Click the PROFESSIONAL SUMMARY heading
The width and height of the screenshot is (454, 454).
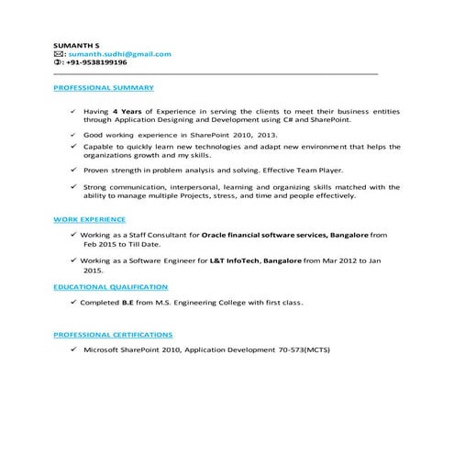(104, 88)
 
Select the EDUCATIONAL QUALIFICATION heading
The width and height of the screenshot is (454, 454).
(110, 287)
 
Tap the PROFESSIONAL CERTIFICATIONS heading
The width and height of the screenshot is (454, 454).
(113, 336)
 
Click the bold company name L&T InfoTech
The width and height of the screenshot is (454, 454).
(233, 261)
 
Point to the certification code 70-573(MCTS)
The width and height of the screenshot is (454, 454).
(303, 350)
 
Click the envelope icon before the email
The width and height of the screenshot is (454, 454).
(59, 54)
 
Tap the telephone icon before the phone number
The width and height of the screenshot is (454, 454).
(59, 62)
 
